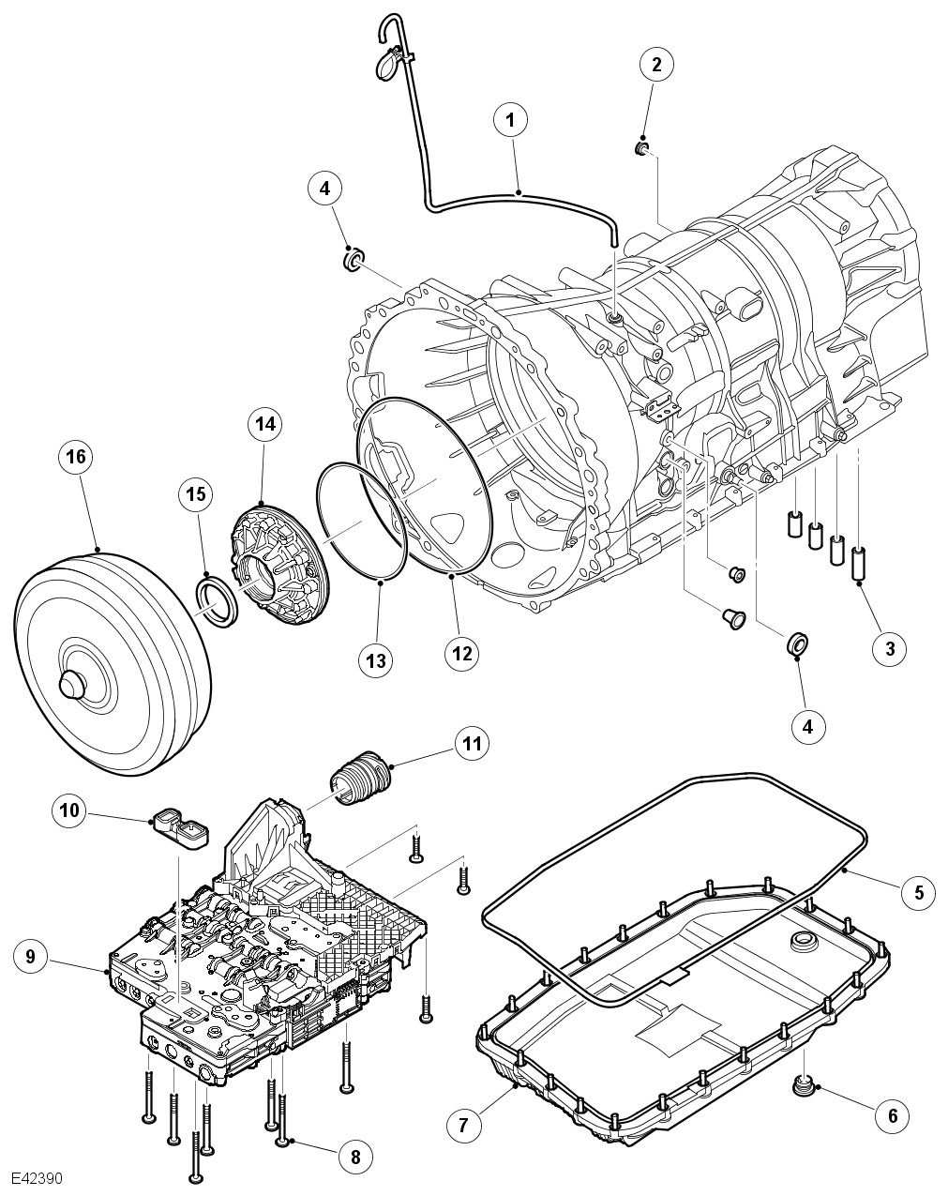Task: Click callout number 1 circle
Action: click(x=511, y=120)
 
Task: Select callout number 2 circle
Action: click(x=656, y=64)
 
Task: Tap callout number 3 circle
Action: click(x=889, y=646)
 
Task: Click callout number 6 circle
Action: click(x=892, y=1115)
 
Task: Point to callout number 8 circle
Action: click(x=354, y=1158)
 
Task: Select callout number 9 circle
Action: click(x=30, y=956)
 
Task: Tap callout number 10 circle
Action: click(x=68, y=811)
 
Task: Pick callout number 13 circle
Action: click(x=375, y=660)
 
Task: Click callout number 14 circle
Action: click(x=264, y=424)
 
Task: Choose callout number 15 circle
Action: click(x=197, y=493)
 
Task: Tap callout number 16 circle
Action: click(x=76, y=456)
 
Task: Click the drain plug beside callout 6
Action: click(x=802, y=1086)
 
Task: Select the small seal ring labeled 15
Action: click(x=216, y=602)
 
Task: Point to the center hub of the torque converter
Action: click(x=73, y=682)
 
